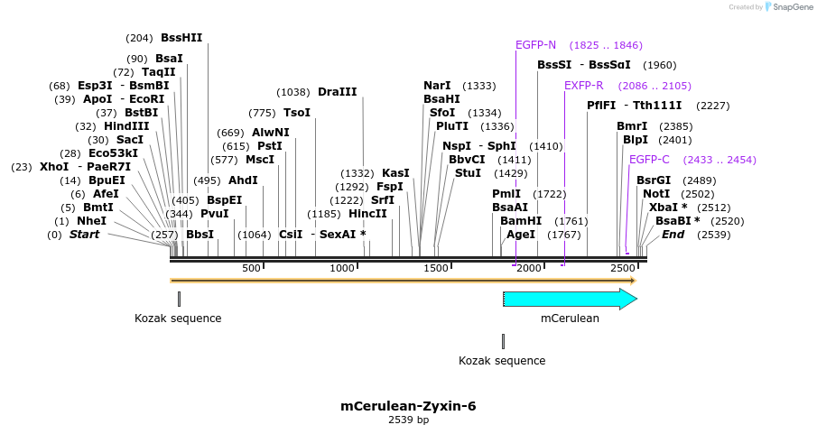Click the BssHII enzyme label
181,38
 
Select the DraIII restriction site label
337,92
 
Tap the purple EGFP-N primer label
535,45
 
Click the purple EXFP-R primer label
583,86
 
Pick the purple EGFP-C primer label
649,160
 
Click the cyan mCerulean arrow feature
570,299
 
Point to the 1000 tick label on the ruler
342,268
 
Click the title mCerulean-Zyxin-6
408,406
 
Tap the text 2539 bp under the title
408,420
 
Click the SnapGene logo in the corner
786,7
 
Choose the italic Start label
84,235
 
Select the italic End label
673,235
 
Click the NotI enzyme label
656,194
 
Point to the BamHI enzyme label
521,221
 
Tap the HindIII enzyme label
125,126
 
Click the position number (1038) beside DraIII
293,92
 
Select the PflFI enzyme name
601,106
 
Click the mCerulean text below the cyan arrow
570,319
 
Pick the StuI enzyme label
468,173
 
